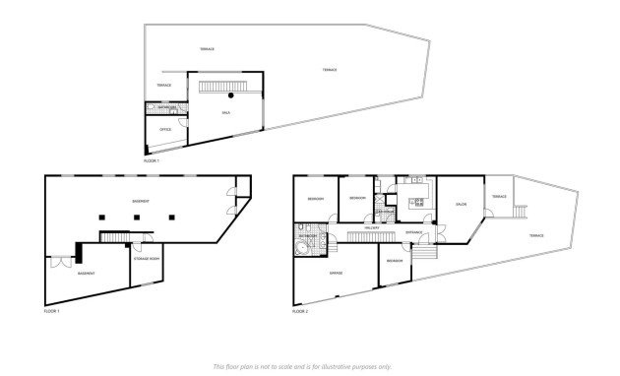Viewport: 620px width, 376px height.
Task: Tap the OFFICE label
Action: (166, 130)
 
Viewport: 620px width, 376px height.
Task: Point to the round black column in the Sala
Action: (231, 95)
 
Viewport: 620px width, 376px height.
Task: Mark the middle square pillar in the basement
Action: (136, 217)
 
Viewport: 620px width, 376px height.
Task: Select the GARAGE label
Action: (335, 272)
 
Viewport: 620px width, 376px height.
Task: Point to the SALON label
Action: (461, 205)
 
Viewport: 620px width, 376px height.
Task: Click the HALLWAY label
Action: (373, 228)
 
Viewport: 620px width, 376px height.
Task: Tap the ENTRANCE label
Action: (414, 232)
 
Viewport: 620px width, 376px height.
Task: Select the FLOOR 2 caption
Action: (300, 311)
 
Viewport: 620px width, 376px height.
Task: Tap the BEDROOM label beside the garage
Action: (394, 260)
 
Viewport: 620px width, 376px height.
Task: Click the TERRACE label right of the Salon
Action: (499, 197)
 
